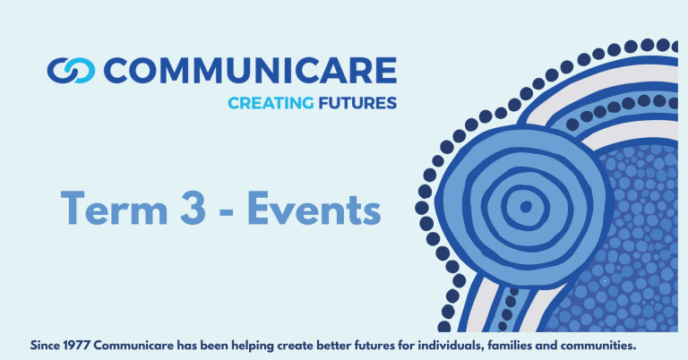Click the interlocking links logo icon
pyautogui.click(x=71, y=70)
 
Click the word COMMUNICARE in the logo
pyautogui.click(x=250, y=70)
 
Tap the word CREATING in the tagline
pyautogui.click(x=271, y=103)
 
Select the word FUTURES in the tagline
pyautogui.click(x=357, y=103)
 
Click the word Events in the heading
pyautogui.click(x=314, y=208)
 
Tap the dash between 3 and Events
pyautogui.click(x=226, y=211)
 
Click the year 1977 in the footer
pyautogui.click(x=77, y=346)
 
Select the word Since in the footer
pyautogui.click(x=45, y=346)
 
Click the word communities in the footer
pyautogui.click(x=598, y=346)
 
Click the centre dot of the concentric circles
pyautogui.click(x=526, y=206)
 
